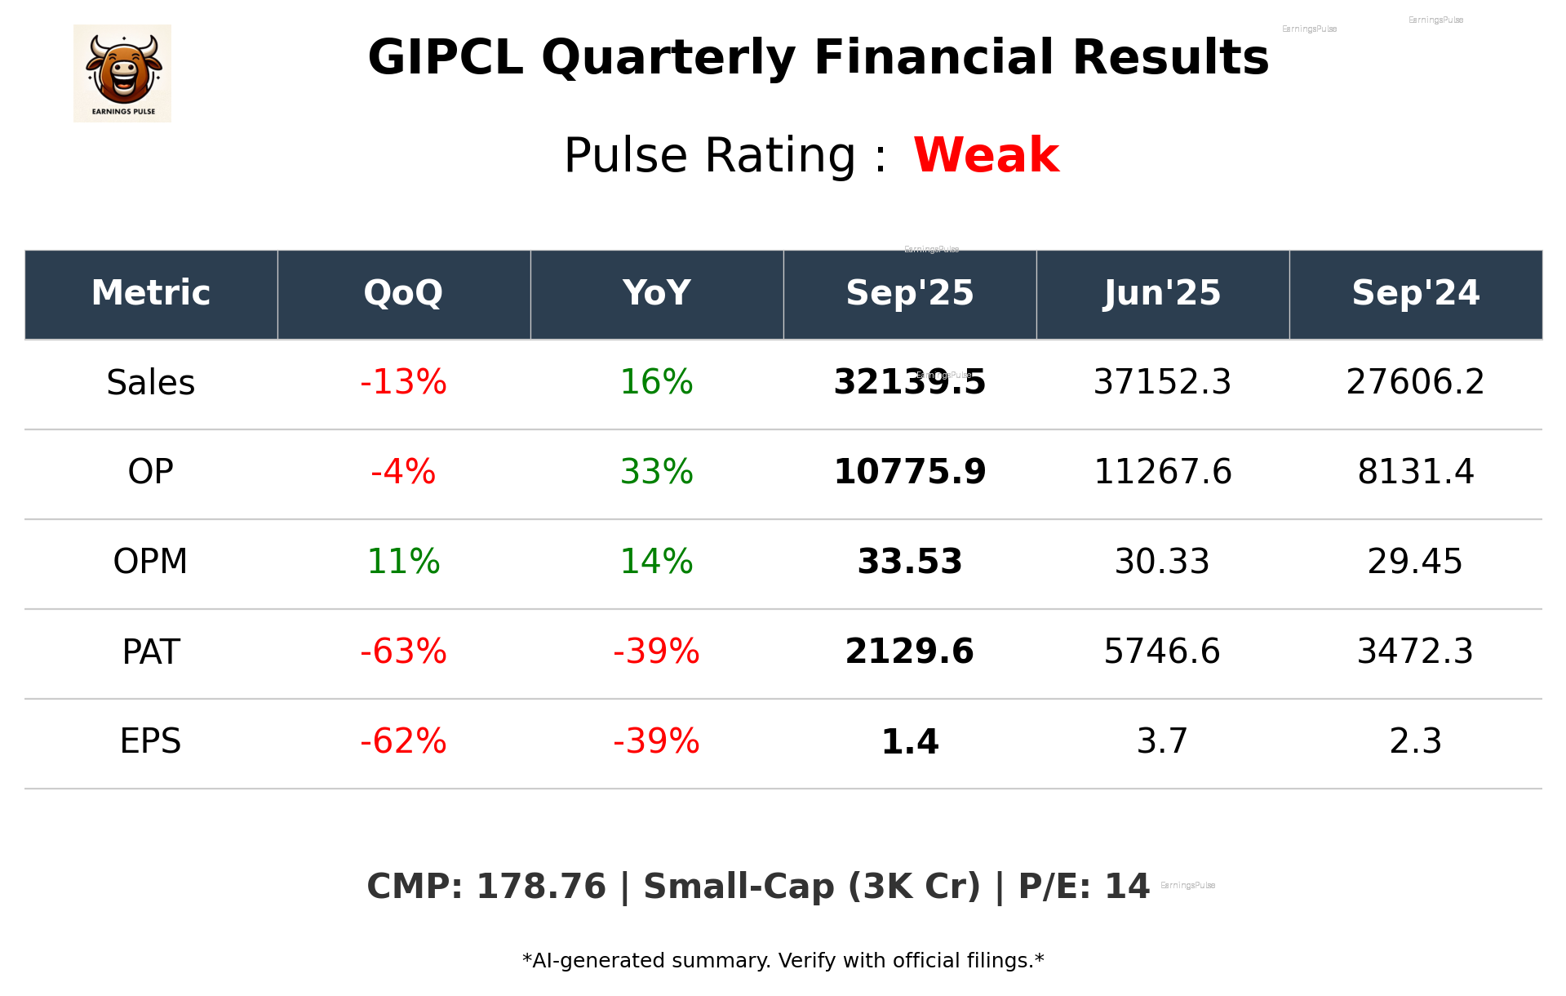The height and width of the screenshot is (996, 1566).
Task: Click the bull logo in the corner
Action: pos(122,73)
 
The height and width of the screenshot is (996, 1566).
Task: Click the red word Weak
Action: pos(986,155)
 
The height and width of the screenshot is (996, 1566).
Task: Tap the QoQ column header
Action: pos(403,293)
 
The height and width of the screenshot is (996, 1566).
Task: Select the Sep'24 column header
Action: pos(1415,293)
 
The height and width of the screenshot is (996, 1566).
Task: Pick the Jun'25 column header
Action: pos(1162,293)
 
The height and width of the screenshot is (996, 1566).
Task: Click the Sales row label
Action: pos(150,382)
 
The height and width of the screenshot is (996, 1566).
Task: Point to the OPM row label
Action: pos(150,562)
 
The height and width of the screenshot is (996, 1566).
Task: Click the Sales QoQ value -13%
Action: pos(403,382)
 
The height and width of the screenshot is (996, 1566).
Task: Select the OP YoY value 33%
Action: pos(656,472)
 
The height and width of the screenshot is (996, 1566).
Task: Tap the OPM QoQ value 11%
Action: pos(403,562)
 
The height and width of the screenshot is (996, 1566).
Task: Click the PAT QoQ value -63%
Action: pos(403,651)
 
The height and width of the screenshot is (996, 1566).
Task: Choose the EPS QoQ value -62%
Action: pos(403,741)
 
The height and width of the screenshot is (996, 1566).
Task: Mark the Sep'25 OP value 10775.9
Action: pos(909,472)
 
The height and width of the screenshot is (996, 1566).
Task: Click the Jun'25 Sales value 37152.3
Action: pos(1162,382)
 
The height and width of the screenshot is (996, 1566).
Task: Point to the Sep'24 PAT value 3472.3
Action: pos(1415,651)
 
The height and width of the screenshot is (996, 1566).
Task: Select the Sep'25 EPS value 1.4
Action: pos(909,741)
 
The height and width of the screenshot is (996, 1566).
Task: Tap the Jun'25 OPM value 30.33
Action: pos(1162,562)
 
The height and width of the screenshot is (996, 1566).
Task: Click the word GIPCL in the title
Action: pos(446,58)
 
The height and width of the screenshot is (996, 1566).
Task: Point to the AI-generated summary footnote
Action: pos(783,961)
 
